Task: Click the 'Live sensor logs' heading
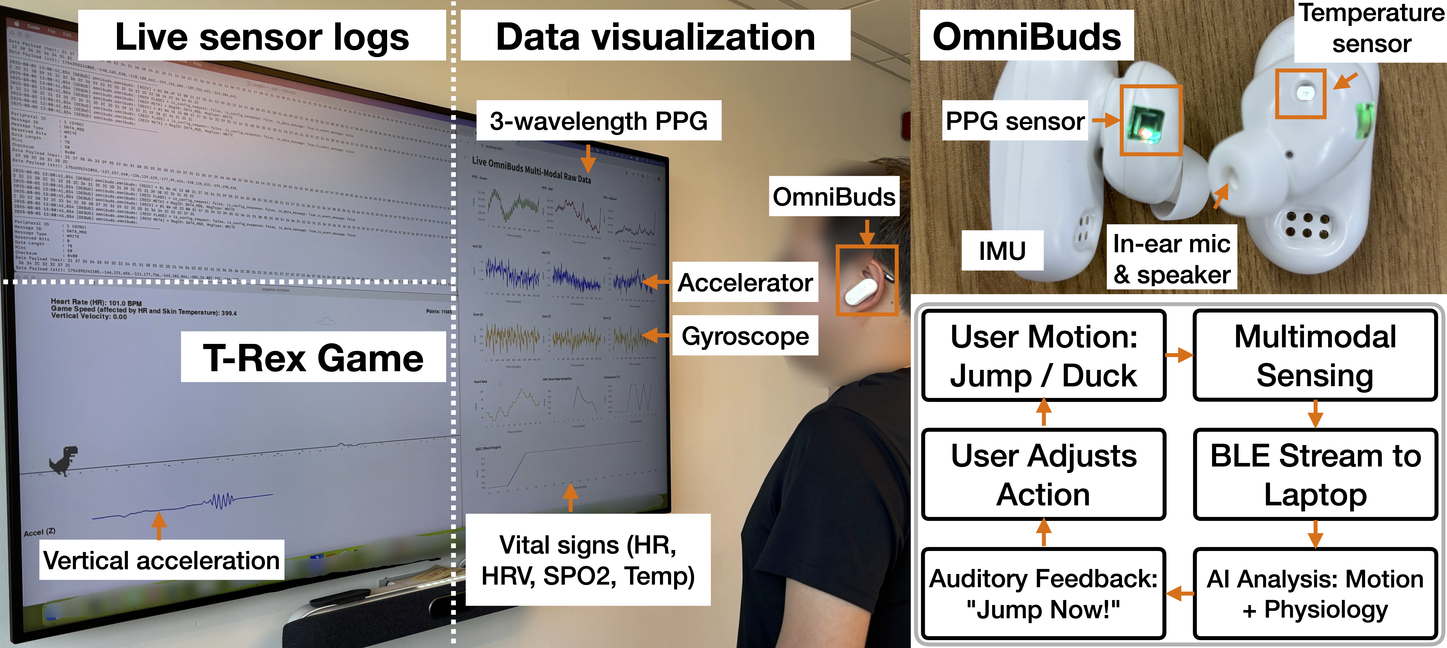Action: pyautogui.click(x=262, y=37)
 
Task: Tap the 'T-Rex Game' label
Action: pyautogui.click(x=313, y=358)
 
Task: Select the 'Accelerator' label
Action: pyautogui.click(x=745, y=282)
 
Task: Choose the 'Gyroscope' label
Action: pyautogui.click(x=745, y=336)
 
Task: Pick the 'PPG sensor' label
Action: pyautogui.click(x=1015, y=121)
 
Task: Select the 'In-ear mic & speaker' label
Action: pyautogui.click(x=1172, y=258)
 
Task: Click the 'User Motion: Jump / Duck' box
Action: pyautogui.click(x=1044, y=355)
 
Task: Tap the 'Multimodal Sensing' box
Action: pyautogui.click(x=1315, y=355)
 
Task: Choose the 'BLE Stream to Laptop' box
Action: pyautogui.click(x=1315, y=475)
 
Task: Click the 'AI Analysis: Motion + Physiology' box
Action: pyautogui.click(x=1315, y=594)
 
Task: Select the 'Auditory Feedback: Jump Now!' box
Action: pyautogui.click(x=1044, y=594)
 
